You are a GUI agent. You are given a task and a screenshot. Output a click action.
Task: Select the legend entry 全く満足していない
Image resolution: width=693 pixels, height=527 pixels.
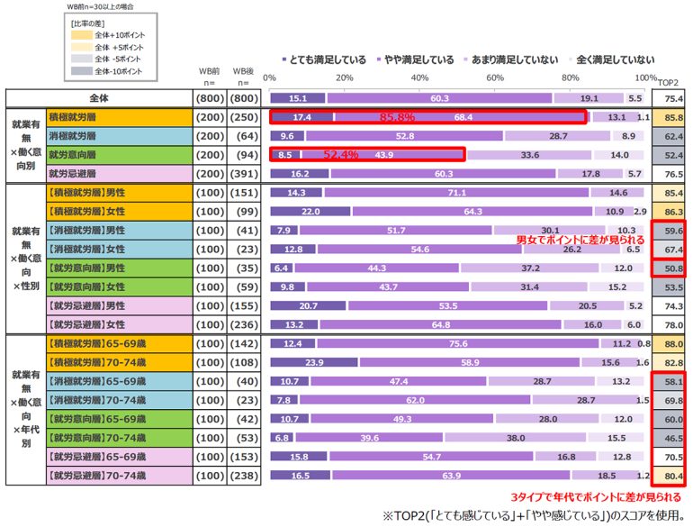(x=616, y=60)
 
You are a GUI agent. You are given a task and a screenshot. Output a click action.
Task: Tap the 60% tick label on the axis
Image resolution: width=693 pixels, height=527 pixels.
(x=495, y=77)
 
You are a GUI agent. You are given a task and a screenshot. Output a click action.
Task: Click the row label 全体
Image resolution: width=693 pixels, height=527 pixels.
(x=100, y=98)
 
